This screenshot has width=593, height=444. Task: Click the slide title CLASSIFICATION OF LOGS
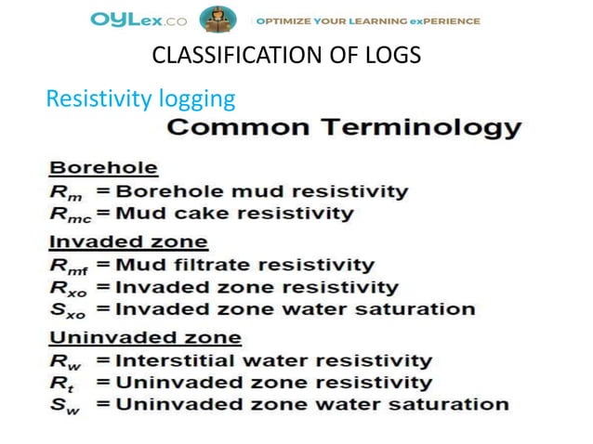tap(285, 57)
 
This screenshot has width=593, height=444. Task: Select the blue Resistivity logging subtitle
tap(140, 98)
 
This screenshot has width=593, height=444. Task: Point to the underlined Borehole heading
tap(103, 169)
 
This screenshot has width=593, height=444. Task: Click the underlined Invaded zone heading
tap(128, 242)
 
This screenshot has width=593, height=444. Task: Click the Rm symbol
tap(63, 193)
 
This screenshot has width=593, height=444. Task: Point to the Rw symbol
tap(63, 361)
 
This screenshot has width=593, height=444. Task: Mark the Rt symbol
tap(60, 383)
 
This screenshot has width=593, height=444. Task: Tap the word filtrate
tap(207, 266)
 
